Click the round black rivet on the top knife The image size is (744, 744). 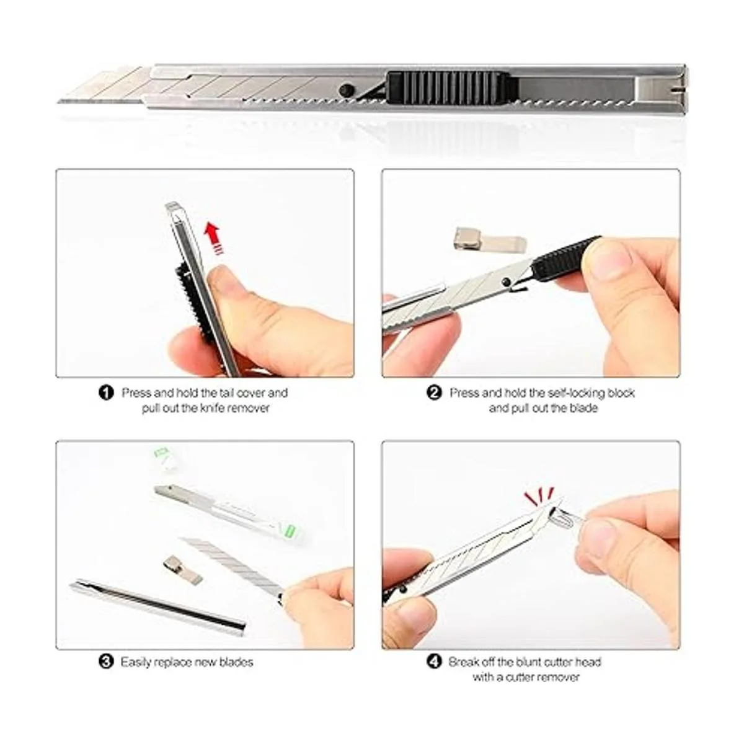(x=344, y=90)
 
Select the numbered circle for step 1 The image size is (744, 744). (x=106, y=394)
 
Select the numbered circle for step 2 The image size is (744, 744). (x=434, y=394)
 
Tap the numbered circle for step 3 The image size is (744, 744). (x=106, y=662)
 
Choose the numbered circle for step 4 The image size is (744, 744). (x=434, y=662)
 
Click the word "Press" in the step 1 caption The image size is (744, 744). (x=136, y=393)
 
